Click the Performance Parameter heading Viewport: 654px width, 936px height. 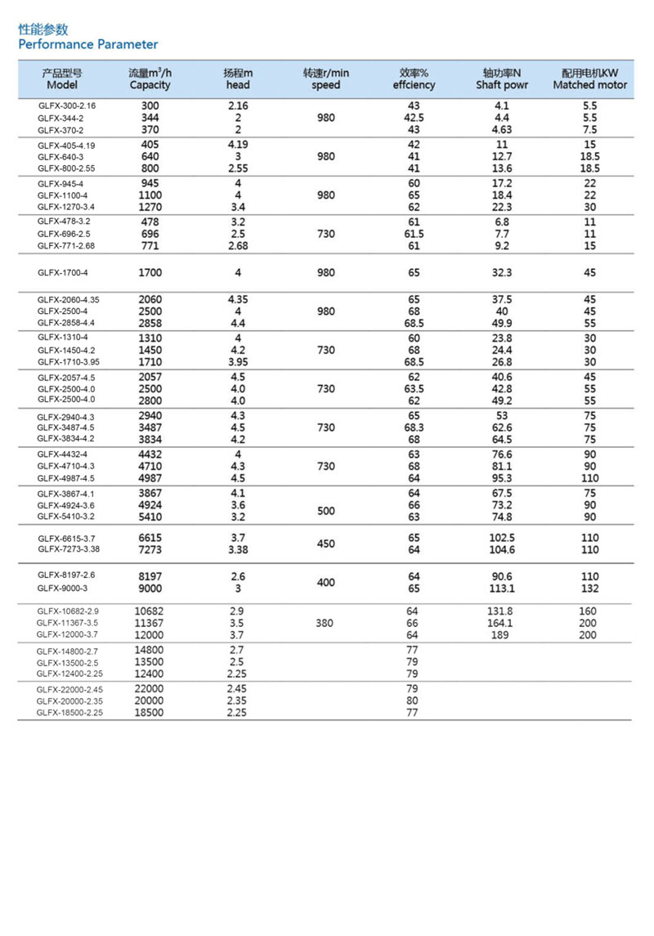coord(88,44)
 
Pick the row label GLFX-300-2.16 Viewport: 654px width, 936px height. coord(67,106)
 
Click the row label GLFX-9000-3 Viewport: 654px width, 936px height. coord(62,588)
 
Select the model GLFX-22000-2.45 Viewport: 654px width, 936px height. coord(69,689)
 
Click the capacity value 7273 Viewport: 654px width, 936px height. coord(151,549)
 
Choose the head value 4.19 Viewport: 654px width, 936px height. coord(238,145)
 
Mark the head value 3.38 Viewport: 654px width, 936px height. coord(238,549)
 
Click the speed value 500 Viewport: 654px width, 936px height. coord(325,511)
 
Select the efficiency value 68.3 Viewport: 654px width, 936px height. coord(414,428)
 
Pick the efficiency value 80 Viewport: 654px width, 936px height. coord(412,701)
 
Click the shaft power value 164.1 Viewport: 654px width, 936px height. coord(499,623)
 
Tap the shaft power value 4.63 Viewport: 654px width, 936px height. coord(502,129)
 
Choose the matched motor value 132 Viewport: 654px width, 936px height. coord(589,588)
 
